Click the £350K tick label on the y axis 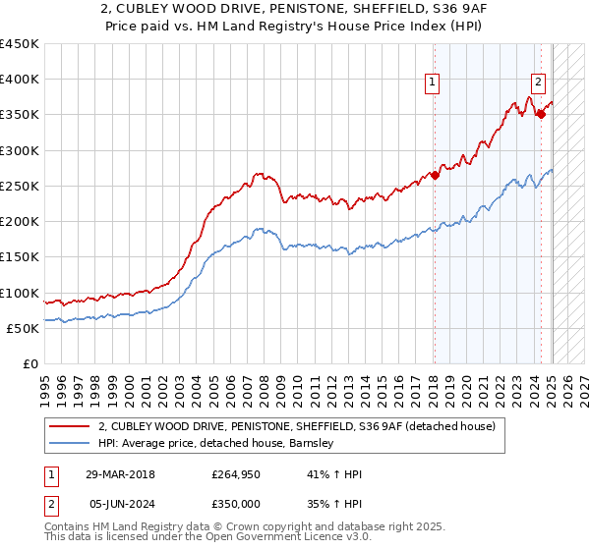pyautogui.click(x=20, y=115)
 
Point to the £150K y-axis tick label pyautogui.click(x=20, y=257)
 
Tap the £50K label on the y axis pyautogui.click(x=24, y=329)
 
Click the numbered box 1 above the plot pyautogui.click(x=433, y=82)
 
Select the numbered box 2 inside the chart pyautogui.click(x=539, y=82)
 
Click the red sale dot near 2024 pyautogui.click(x=540, y=115)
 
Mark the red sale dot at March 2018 pyautogui.click(x=434, y=176)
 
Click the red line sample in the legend pyautogui.click(x=71, y=426)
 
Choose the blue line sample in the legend pyautogui.click(x=71, y=443)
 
